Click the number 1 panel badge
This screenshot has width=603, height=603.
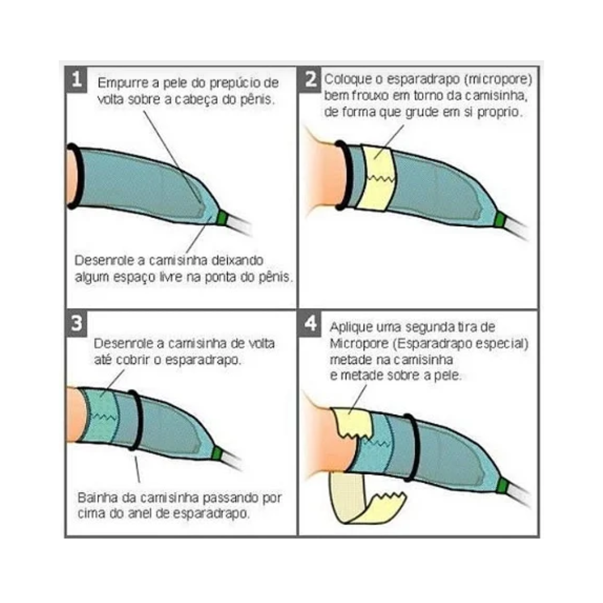pos(76,79)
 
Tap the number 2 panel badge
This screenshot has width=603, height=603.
pos(310,79)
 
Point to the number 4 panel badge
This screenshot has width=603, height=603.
pos(310,323)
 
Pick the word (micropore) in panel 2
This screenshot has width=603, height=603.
pos(498,79)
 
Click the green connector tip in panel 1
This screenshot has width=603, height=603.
pos(223,218)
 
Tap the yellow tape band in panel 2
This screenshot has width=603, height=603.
pos(377,178)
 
